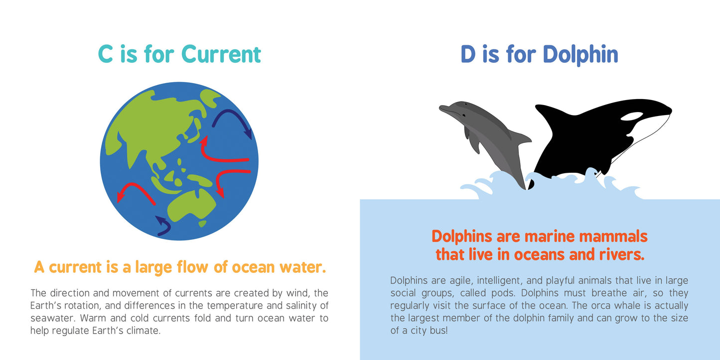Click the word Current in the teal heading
(x=221, y=54)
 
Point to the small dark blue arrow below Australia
(x=163, y=226)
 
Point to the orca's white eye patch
(x=632, y=117)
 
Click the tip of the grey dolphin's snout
(x=441, y=108)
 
